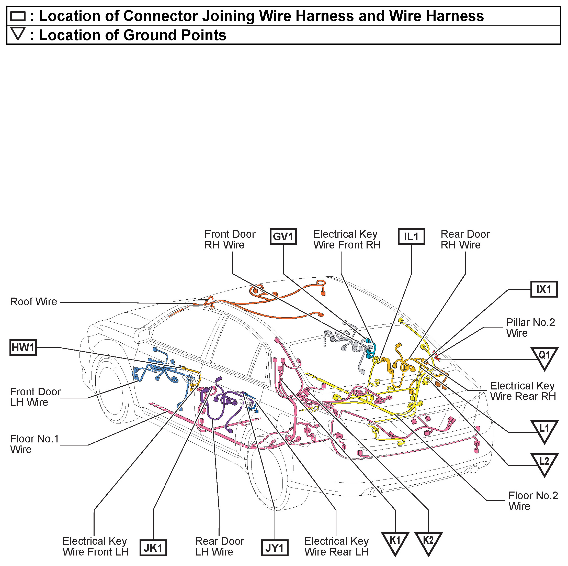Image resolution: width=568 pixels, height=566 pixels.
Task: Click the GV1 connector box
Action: (283, 236)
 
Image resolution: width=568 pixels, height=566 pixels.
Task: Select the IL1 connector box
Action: (411, 236)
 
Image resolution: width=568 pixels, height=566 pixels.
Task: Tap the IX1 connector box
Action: (544, 289)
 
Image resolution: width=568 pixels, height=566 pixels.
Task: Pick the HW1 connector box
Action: (23, 347)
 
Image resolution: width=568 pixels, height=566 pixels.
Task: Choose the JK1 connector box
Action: (153, 548)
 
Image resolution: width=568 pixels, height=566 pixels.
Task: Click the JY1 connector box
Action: (275, 548)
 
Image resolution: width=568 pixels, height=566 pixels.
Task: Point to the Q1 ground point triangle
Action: (544, 357)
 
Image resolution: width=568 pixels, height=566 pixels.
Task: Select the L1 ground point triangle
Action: (544, 429)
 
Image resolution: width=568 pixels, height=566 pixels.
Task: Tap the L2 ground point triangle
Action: (544, 462)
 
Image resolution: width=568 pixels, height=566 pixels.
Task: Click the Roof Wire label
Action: (33, 302)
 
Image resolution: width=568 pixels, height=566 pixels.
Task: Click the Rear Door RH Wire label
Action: (465, 239)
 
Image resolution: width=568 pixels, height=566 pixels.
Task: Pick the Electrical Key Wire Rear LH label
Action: (336, 546)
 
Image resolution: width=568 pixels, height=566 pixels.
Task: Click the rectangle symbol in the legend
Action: (18, 16)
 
